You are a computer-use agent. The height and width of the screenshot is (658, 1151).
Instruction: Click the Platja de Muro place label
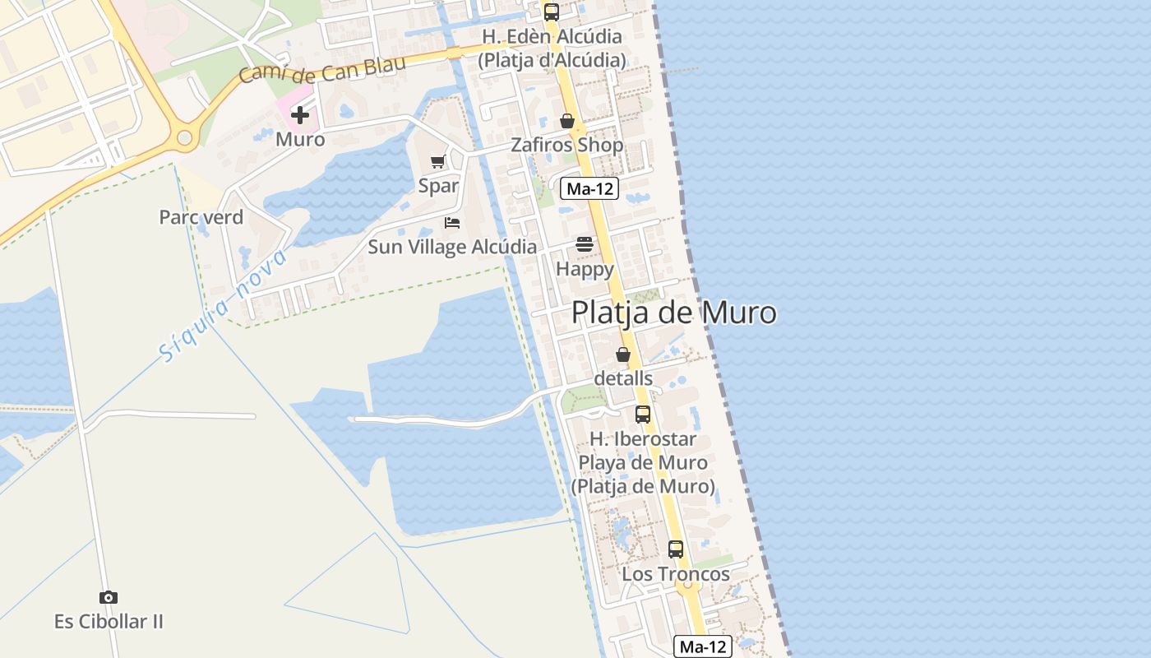pos(673,313)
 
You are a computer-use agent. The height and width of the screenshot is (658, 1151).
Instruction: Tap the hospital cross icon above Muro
pos(300,115)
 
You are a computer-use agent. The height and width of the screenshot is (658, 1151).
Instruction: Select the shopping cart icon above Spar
pos(438,162)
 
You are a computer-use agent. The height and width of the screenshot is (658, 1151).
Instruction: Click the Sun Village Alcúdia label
pos(451,247)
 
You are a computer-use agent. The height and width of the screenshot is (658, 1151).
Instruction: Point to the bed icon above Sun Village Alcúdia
pos(452,223)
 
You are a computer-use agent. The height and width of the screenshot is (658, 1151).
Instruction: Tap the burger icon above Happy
pos(585,244)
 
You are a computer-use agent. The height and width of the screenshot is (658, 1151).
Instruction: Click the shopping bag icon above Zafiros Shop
pos(567,121)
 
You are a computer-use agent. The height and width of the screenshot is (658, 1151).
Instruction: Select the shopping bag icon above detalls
pos(623,354)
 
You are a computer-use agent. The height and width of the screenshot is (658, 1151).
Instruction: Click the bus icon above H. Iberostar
pos(643,415)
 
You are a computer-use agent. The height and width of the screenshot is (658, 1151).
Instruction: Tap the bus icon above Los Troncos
pos(676,549)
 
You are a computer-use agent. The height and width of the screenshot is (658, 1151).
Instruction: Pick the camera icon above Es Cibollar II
pos(109,597)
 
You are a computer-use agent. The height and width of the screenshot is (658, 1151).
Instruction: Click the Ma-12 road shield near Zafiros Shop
pos(589,188)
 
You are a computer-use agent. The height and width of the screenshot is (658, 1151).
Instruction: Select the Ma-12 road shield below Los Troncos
pos(703,646)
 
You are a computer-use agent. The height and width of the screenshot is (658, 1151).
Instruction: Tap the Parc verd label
pos(201,217)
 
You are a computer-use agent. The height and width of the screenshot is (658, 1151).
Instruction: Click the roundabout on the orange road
pos(184,137)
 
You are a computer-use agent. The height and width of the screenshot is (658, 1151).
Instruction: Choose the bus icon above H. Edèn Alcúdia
pos(552,12)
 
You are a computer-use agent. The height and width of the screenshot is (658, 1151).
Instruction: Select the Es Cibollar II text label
pos(109,622)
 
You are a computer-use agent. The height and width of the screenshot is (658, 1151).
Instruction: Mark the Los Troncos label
pos(676,574)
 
